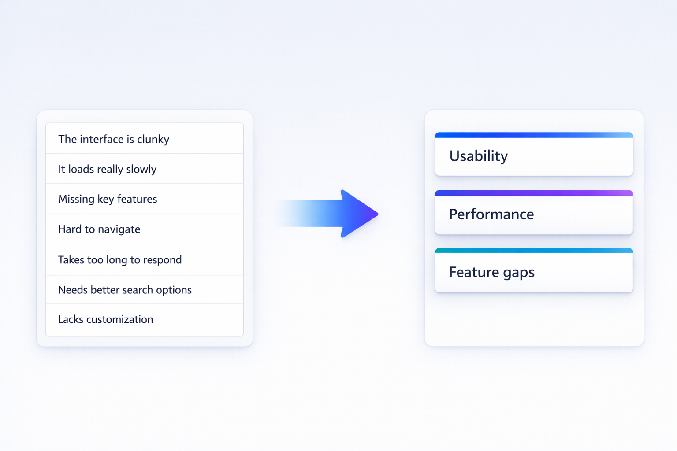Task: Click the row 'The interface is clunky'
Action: pos(145,139)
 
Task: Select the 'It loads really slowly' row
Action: pos(145,169)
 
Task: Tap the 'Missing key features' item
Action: pos(145,199)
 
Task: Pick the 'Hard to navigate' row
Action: pos(145,229)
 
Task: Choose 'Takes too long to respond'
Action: pos(145,260)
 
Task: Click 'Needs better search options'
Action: pos(145,290)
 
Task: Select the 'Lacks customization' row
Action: pos(145,319)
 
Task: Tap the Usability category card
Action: pos(534,157)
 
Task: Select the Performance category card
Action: pos(534,215)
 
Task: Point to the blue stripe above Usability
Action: pos(534,135)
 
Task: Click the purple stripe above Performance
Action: pos(534,193)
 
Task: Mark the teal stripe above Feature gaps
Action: pos(534,251)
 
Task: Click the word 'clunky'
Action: pos(153,140)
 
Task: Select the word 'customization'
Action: pos(119,319)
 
